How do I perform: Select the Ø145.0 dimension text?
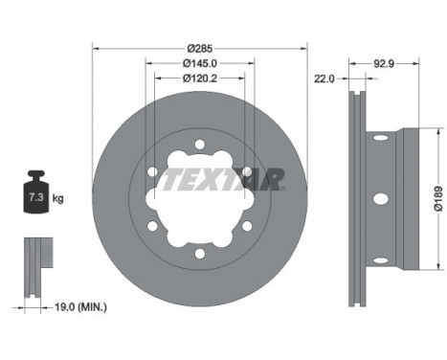(200, 64)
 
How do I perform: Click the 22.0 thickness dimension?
(324, 80)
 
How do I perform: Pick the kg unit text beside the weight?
(58, 198)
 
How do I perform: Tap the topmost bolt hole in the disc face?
(200, 146)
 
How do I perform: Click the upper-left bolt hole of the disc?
(151, 173)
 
